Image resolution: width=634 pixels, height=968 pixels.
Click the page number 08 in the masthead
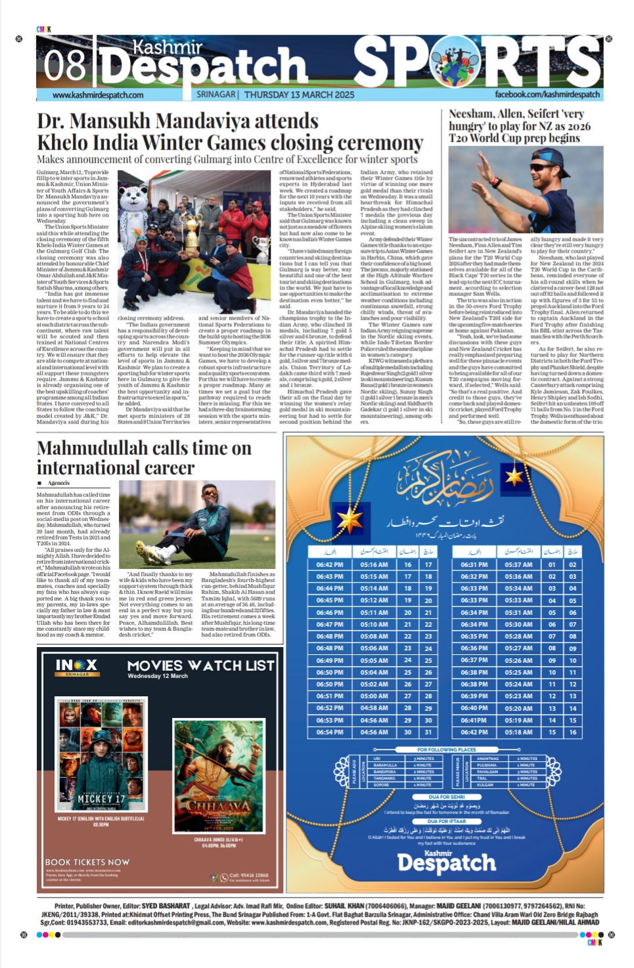[x=64, y=66]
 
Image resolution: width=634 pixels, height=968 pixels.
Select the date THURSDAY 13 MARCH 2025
[x=299, y=95]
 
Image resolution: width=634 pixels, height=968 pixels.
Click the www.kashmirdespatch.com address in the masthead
[x=98, y=95]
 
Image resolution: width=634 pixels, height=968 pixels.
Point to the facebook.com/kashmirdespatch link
[x=547, y=95]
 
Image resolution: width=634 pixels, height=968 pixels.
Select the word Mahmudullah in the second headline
[x=92, y=448]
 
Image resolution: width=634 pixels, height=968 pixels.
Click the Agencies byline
[x=58, y=483]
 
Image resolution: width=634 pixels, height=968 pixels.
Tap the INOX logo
[x=76, y=666]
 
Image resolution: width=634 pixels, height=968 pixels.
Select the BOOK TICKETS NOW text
[x=87, y=862]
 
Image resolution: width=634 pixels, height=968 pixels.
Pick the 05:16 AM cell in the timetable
[x=374, y=564]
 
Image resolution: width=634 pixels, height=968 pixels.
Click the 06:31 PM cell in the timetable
[x=474, y=564]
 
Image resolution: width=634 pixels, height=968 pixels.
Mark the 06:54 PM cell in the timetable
[x=329, y=732]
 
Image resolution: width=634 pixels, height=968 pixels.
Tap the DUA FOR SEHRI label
[x=447, y=797]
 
